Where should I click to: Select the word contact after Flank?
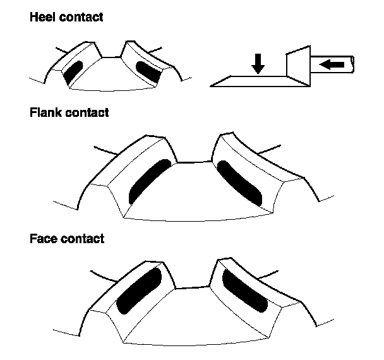[x=88, y=113]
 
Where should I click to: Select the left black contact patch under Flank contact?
[x=149, y=181]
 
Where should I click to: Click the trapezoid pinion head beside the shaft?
[x=296, y=64]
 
